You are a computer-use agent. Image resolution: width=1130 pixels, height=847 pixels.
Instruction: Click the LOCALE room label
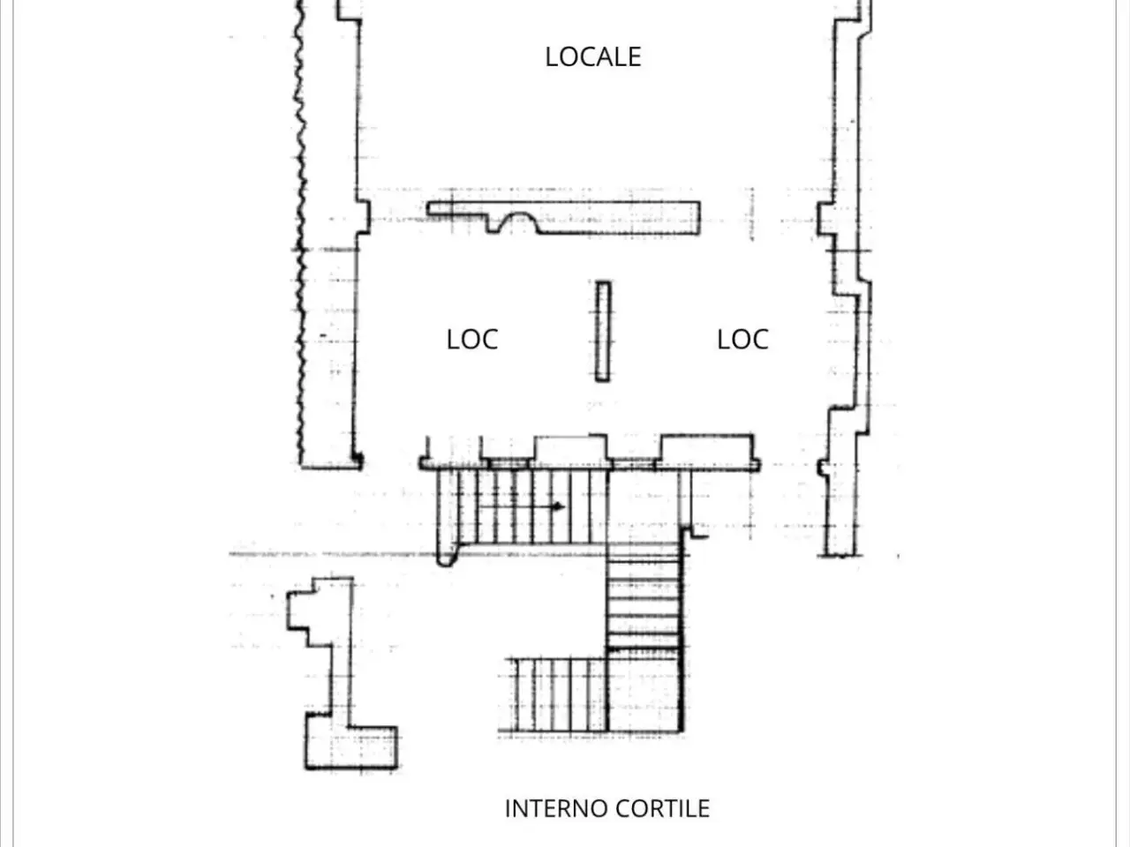(x=593, y=56)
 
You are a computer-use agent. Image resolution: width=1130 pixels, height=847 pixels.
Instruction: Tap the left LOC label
(x=472, y=340)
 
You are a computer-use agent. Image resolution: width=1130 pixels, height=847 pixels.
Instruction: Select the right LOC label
(x=742, y=340)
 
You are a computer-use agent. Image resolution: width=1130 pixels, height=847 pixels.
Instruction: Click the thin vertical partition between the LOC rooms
(x=603, y=332)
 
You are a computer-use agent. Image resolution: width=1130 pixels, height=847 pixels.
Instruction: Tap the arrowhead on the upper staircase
(x=558, y=506)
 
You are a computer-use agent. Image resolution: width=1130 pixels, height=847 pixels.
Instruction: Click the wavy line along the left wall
(x=300, y=231)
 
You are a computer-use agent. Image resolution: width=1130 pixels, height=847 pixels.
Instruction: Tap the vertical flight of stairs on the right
(x=644, y=596)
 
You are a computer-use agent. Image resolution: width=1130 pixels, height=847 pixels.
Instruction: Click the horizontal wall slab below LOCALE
(x=564, y=218)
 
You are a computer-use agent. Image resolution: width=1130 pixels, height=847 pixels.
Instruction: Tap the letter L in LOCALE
(x=551, y=56)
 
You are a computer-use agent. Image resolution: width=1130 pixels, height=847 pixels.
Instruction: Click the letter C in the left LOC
(x=489, y=340)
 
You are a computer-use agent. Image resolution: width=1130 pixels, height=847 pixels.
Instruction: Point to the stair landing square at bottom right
(x=645, y=693)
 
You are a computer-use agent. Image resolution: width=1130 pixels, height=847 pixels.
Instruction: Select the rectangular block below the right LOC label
(x=707, y=449)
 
